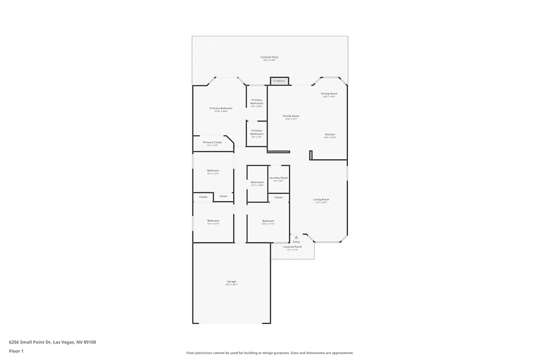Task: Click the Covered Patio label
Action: point(269,57)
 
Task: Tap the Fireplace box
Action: point(279,81)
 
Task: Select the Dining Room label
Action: point(329,93)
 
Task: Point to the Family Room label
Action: point(292,116)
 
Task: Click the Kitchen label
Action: point(329,134)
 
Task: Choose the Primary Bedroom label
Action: point(221,108)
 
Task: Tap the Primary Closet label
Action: point(212,142)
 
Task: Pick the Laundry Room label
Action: point(279,178)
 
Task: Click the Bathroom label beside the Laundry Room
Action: point(257,182)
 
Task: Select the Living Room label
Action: point(321,199)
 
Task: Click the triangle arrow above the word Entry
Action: point(296,237)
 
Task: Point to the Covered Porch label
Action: point(292,247)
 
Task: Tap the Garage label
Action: point(231,281)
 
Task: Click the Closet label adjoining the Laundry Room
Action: point(278,198)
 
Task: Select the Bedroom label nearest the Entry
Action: point(268,221)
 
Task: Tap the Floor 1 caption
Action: point(16,351)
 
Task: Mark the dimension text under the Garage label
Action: point(231,284)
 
